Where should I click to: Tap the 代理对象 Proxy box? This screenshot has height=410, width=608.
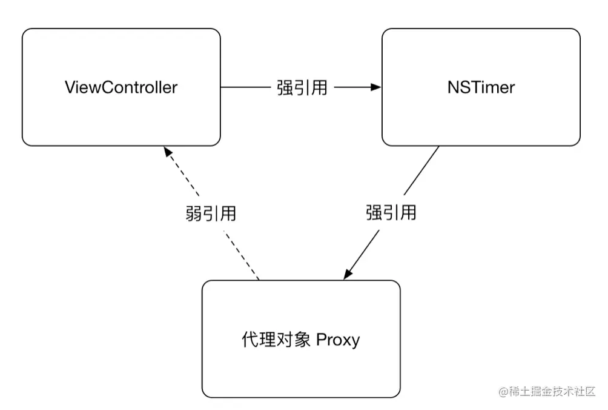[301, 370]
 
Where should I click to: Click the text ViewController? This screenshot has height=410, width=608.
[121, 87]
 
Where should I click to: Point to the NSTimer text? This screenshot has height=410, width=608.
[481, 87]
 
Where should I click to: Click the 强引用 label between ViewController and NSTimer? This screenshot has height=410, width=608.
[302, 87]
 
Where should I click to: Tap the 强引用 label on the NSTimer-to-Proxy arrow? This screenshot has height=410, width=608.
[391, 212]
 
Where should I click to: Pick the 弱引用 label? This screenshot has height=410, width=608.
[211, 213]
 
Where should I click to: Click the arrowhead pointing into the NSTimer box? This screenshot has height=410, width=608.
[377, 87]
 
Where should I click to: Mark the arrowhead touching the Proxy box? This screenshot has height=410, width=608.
[348, 275]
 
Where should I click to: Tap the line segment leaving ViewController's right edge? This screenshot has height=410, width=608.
[242, 87]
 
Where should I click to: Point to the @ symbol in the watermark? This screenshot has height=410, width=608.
[503, 392]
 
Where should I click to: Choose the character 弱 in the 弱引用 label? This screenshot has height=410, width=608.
[193, 213]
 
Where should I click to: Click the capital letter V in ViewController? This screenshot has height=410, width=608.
[69, 87]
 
